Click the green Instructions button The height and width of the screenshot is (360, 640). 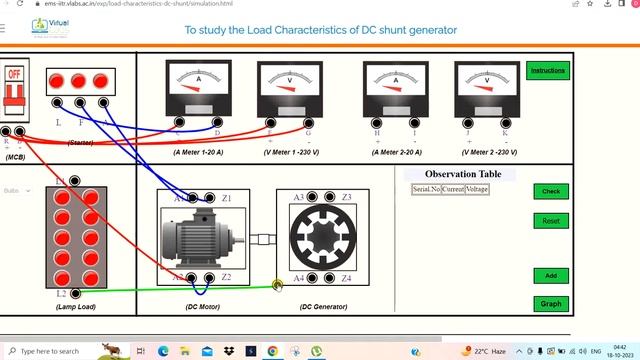pyautogui.click(x=548, y=71)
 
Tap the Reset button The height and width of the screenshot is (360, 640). pyautogui.click(x=550, y=220)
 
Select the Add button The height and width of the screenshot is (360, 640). pyautogui.click(x=550, y=276)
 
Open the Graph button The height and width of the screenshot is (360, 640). pyautogui.click(x=550, y=303)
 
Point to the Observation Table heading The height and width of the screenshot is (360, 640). pyautogui.click(x=449, y=175)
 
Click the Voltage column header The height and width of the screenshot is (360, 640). pyautogui.click(x=477, y=189)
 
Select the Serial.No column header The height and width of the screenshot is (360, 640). pyautogui.click(x=427, y=189)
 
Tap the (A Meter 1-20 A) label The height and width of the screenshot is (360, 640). pyautogui.click(x=198, y=152)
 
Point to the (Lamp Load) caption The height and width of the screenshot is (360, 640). pyautogui.click(x=76, y=306)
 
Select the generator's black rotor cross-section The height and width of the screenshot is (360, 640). pyautogui.click(x=322, y=237)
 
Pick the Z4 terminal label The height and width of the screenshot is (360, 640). pyautogui.click(x=346, y=278)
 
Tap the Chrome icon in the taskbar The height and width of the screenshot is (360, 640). pyautogui.click(x=272, y=351)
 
